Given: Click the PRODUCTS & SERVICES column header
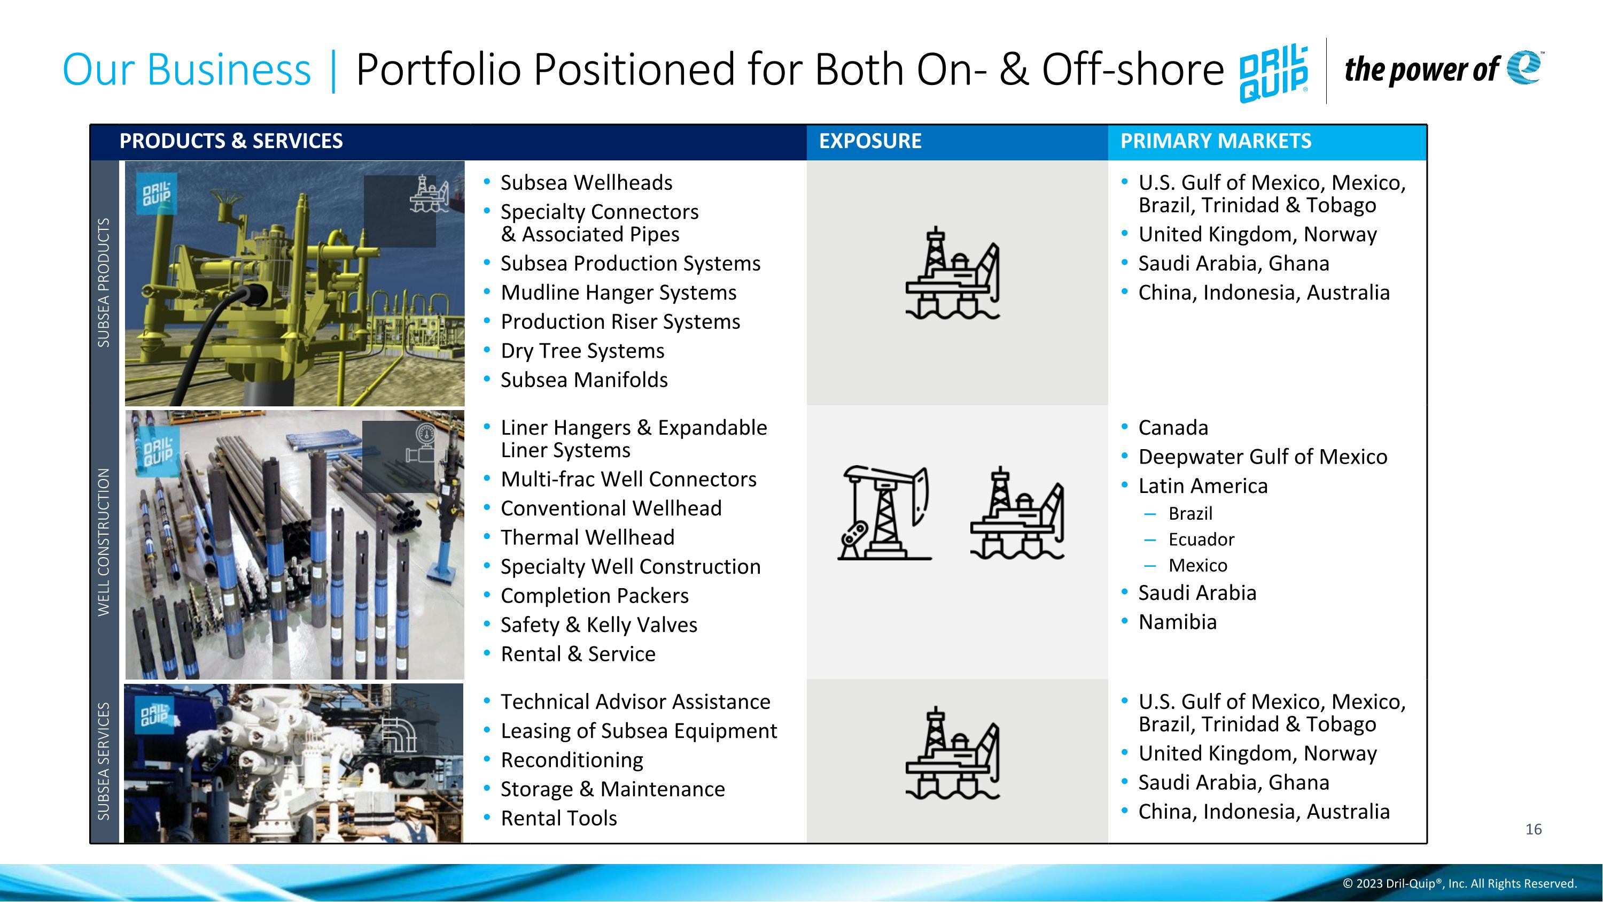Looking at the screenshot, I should click(x=231, y=141).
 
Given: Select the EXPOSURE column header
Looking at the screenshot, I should click(x=870, y=141).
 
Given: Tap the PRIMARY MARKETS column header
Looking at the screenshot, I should click(x=1215, y=141).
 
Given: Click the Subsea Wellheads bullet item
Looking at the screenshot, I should click(x=586, y=183).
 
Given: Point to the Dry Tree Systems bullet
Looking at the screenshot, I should click(x=582, y=351).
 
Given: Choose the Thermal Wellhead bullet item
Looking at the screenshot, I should click(x=587, y=538).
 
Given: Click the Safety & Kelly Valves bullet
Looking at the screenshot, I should click(x=598, y=625).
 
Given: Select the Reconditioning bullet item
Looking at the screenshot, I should click(x=572, y=760).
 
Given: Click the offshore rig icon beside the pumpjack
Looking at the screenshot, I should click(x=1017, y=513).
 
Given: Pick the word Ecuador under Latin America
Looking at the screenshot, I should click(x=1201, y=539).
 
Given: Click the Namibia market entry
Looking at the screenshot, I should click(x=1177, y=622).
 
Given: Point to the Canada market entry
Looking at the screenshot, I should click(x=1173, y=428).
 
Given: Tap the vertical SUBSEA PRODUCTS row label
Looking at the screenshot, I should click(x=104, y=283).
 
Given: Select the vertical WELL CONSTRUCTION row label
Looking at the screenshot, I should click(x=104, y=542).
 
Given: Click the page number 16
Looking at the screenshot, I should click(x=1534, y=829).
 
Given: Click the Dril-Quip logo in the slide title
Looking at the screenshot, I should click(x=1273, y=73).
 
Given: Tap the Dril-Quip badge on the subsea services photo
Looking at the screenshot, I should click(x=154, y=715).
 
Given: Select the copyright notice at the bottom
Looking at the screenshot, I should click(x=1459, y=884).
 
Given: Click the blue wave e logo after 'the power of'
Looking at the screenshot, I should click(x=1524, y=67).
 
